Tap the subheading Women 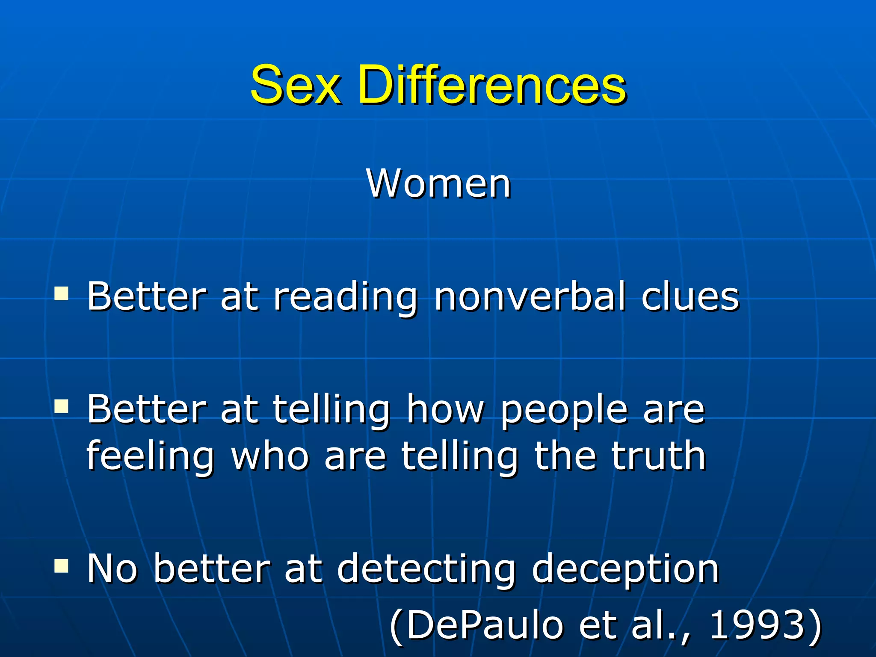pyautogui.click(x=438, y=184)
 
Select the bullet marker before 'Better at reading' pyautogui.click(x=62, y=294)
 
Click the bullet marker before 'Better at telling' pyautogui.click(x=62, y=407)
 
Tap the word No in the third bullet pyautogui.click(x=112, y=568)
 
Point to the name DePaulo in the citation pyautogui.click(x=484, y=625)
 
